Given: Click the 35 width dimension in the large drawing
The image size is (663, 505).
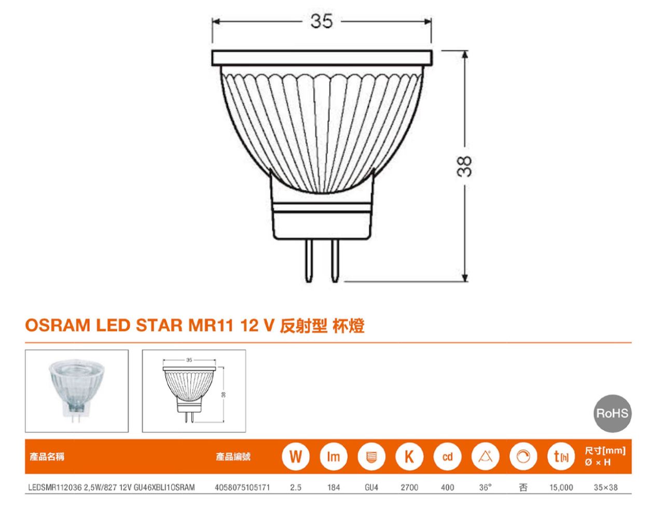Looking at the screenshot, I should (x=322, y=21).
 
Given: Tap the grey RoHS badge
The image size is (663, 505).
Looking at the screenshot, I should (x=612, y=413).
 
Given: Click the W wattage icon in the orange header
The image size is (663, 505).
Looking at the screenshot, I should (x=296, y=457).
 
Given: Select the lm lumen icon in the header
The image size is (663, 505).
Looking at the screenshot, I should (x=334, y=457).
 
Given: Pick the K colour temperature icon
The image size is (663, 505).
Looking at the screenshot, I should (x=409, y=457).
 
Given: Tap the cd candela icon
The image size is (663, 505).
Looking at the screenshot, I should (x=447, y=457).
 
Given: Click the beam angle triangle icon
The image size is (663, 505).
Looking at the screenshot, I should (x=485, y=457).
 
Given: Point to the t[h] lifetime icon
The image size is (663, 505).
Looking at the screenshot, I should (x=561, y=457).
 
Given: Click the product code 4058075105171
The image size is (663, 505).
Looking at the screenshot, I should (x=242, y=487).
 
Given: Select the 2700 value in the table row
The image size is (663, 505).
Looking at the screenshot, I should (x=409, y=487).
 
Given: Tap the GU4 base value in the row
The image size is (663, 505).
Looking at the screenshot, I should (x=371, y=487).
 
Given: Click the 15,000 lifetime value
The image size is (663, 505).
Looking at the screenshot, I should (x=561, y=487).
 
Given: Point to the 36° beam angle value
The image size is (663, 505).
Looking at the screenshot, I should (x=485, y=487).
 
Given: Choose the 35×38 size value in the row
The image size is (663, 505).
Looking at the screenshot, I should (x=605, y=487).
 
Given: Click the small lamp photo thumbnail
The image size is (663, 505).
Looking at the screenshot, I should (x=77, y=391).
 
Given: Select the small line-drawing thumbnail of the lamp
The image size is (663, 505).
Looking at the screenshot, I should (x=194, y=391).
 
